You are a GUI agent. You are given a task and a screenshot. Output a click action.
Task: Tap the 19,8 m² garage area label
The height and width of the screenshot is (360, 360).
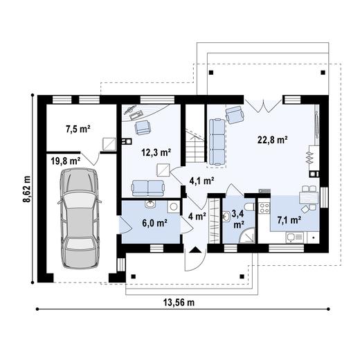click(x=65, y=161)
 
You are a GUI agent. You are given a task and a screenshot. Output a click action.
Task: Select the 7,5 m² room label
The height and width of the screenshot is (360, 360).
click(x=78, y=128)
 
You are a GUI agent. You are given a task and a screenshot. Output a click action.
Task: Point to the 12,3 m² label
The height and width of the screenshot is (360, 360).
click(x=156, y=151)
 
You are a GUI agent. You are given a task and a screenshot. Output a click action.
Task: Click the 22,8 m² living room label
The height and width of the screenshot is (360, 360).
click(x=273, y=138)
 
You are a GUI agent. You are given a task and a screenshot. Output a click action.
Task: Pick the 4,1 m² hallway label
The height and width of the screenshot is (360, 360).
click(x=201, y=181)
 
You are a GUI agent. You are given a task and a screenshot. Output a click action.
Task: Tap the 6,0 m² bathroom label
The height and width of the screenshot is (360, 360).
click(x=153, y=223)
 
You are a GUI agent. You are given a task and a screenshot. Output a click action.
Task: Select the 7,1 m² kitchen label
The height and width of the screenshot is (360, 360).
click(x=289, y=220)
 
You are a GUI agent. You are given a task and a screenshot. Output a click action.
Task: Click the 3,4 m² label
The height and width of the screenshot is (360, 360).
click(x=237, y=219)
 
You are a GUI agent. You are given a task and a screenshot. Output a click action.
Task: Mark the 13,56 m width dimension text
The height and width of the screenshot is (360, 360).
click(x=179, y=303)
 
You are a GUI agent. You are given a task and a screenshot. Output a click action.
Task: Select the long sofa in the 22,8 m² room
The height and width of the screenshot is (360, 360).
click(x=217, y=141)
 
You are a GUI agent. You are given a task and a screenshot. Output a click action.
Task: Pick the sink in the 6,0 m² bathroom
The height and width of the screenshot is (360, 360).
click(x=150, y=205)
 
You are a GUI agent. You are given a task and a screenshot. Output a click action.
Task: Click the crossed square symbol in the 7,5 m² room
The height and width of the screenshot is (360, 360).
click(x=107, y=143)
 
